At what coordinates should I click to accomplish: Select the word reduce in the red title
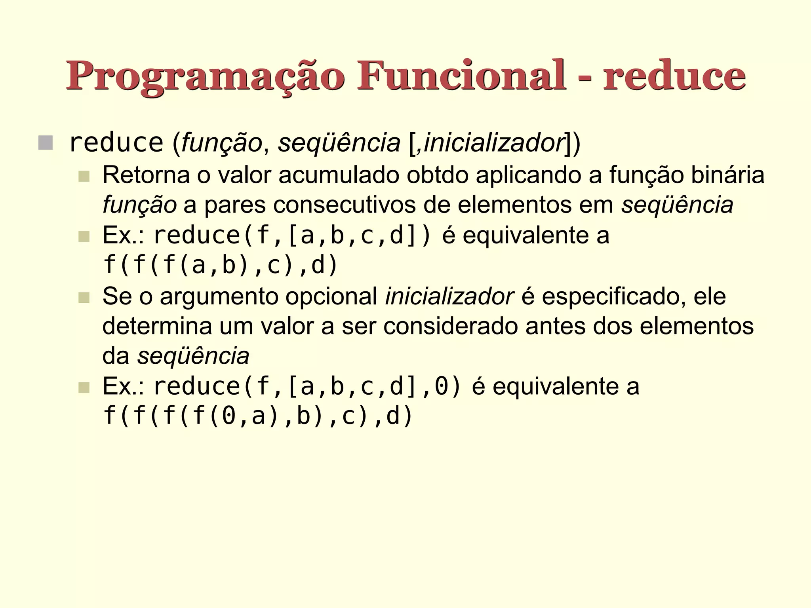click(674, 76)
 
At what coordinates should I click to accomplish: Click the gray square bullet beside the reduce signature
click(46, 142)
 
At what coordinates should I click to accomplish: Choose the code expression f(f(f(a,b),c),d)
click(220, 265)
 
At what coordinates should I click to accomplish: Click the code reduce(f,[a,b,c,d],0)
click(307, 386)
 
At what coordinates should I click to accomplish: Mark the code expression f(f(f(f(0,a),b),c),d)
click(257, 416)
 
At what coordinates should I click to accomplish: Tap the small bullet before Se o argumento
click(84, 297)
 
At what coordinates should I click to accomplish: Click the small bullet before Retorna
click(84, 176)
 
